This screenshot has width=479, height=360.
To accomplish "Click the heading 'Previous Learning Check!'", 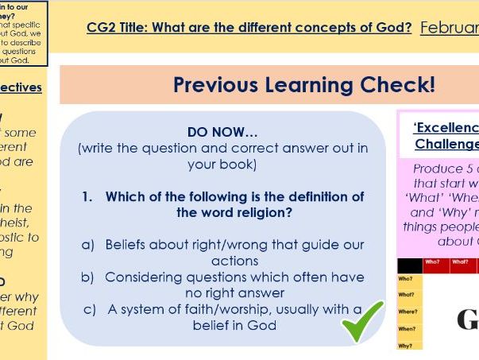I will coord(303,85).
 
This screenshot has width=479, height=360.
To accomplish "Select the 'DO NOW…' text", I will coord(222,132).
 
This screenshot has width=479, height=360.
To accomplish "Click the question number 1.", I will coord(87,196).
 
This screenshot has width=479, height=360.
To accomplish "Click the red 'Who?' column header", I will coord(432,261).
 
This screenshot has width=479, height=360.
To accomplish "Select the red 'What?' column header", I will coord(460,261).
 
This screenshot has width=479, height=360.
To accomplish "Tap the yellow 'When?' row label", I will coord(407,328).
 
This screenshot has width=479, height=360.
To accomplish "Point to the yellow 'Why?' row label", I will coord(406,346).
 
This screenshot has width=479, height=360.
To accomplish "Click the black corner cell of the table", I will coord(408,265).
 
